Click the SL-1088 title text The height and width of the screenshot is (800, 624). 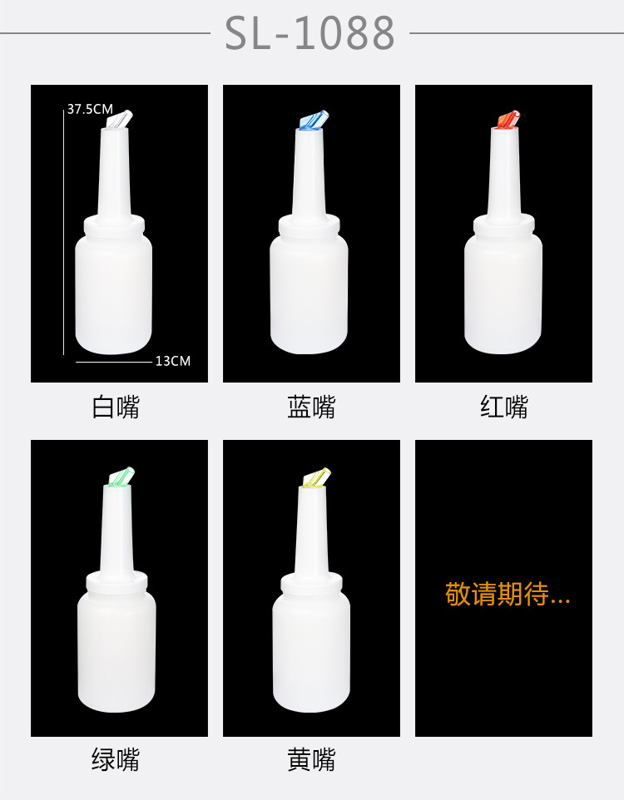tap(310, 34)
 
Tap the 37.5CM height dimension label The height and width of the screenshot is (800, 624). tap(90, 109)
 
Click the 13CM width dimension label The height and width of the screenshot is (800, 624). tap(173, 361)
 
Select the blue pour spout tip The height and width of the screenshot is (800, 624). tap(313, 121)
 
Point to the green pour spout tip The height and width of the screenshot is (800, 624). tap(121, 477)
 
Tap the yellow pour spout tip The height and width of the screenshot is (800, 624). tap(316, 477)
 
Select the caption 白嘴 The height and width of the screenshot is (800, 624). tap(116, 407)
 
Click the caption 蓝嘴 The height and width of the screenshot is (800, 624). tap(311, 407)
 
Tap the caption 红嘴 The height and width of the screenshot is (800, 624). tap(503, 407)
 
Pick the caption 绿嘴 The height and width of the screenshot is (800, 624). tap(116, 759)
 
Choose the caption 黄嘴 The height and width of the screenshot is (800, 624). tap(311, 759)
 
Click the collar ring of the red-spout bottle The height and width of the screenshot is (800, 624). tap(503, 225)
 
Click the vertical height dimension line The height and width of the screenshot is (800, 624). tap(64, 233)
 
